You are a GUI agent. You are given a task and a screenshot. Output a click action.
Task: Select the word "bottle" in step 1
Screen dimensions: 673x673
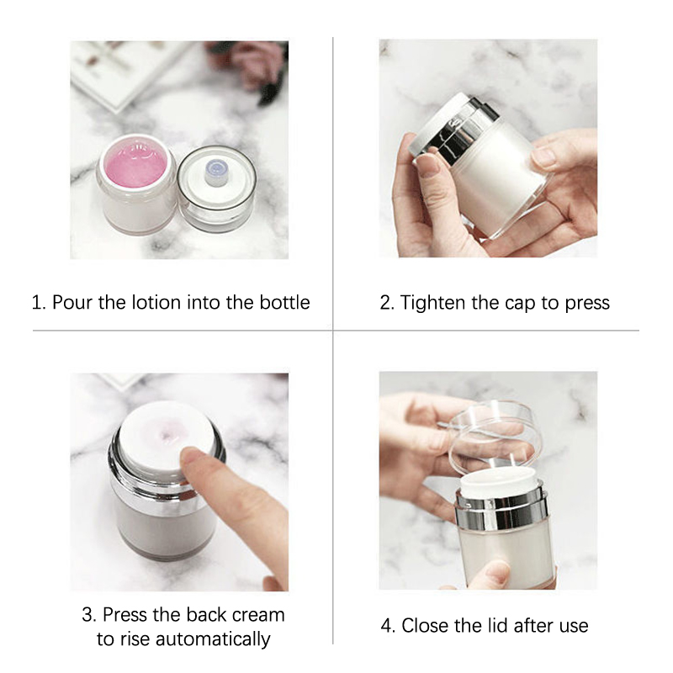[284, 302]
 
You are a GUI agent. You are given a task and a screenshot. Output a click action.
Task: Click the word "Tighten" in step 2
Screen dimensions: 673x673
[433, 303]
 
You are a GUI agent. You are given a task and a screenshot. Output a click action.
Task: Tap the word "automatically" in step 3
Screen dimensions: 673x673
[213, 639]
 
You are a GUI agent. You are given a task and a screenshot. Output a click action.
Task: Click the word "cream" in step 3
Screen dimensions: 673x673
[258, 615]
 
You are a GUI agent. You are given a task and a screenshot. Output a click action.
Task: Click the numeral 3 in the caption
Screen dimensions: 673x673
[87, 615]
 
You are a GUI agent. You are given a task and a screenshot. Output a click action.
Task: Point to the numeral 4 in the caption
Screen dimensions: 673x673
[386, 626]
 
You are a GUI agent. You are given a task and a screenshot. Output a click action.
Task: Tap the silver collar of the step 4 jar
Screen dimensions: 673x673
[502, 512]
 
